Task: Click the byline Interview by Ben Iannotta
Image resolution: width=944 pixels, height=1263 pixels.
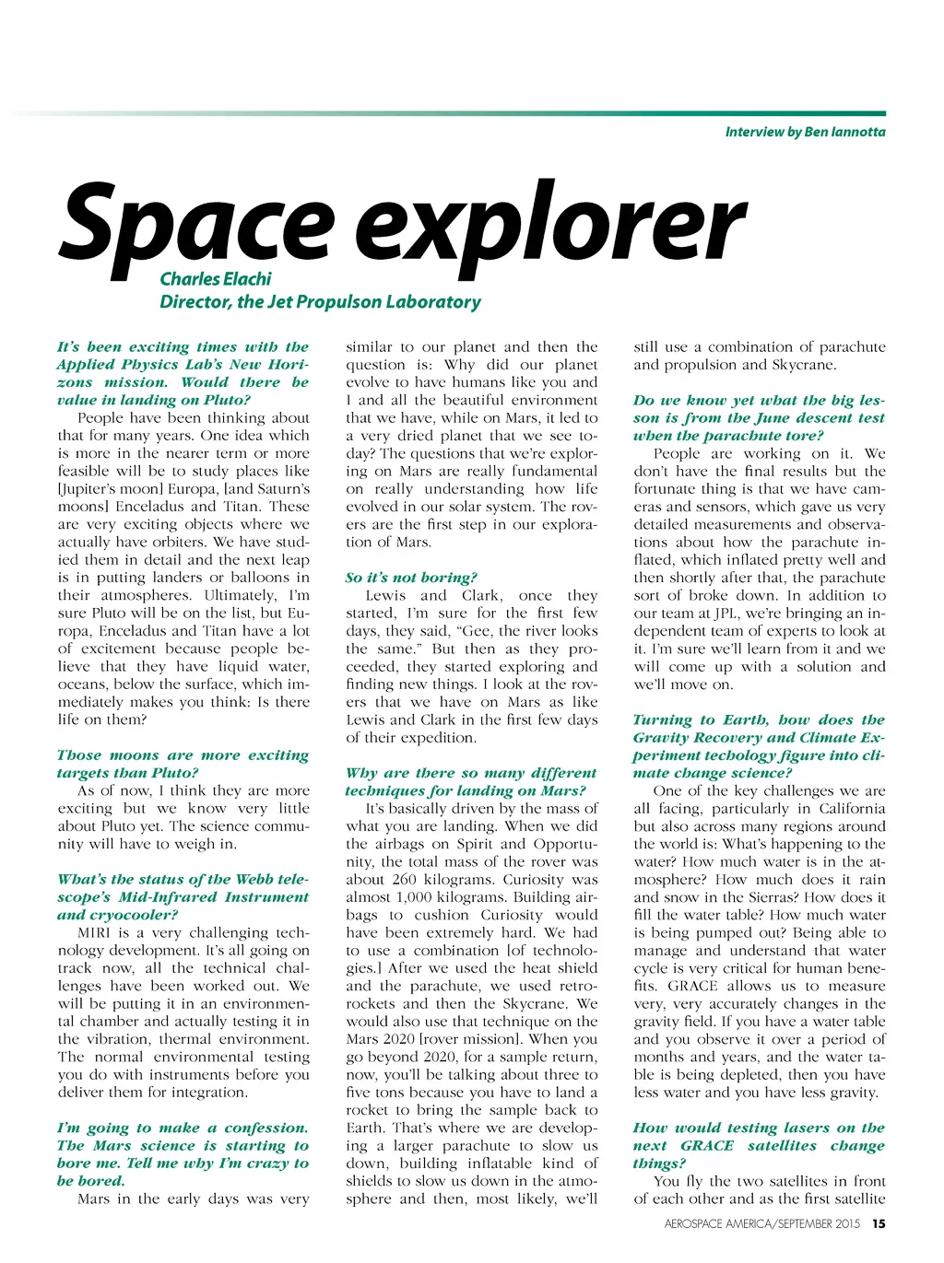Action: (x=805, y=132)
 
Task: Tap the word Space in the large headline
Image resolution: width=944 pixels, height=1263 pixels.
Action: (x=195, y=224)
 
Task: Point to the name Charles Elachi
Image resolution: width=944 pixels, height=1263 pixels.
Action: (x=216, y=278)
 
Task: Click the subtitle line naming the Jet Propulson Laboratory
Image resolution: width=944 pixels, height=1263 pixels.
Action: (x=320, y=302)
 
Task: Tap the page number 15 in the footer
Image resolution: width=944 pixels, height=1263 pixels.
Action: (x=879, y=1224)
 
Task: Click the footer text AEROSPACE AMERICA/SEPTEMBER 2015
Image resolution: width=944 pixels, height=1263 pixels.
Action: (x=761, y=1224)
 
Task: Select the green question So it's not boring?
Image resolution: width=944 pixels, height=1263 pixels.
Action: (x=411, y=578)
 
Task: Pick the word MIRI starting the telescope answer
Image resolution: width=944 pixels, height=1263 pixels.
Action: (x=94, y=932)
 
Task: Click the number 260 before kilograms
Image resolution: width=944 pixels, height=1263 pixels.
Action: (x=403, y=880)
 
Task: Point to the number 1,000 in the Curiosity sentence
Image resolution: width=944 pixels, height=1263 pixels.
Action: (x=417, y=897)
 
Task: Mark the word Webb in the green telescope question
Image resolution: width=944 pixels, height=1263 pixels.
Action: (x=254, y=879)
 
